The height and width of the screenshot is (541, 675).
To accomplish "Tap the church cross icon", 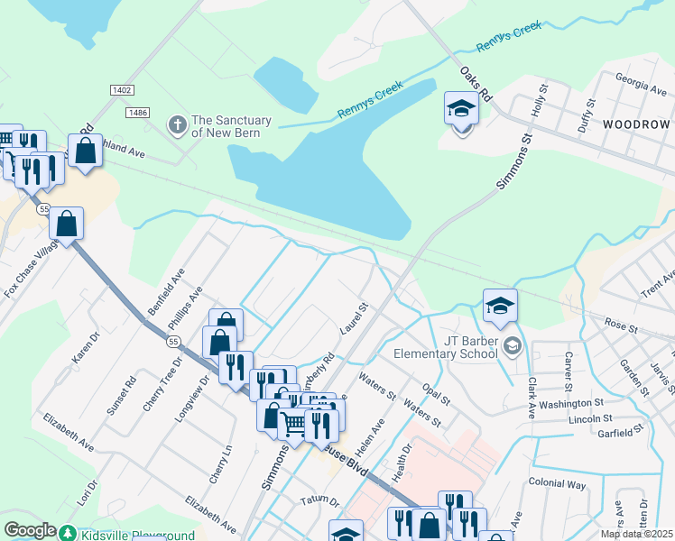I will [178, 122].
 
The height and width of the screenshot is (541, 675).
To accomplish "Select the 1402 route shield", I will [122, 90].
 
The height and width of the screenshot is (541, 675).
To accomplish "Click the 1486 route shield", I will [138, 111].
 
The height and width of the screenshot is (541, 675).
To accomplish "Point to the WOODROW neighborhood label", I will [636, 123].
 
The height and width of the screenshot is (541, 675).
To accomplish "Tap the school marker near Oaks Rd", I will [462, 111].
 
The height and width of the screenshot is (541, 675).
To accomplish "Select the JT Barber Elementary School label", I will [470, 347].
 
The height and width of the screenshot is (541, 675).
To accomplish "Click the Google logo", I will [30, 530].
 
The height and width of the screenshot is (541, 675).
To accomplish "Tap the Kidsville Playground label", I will [135, 535].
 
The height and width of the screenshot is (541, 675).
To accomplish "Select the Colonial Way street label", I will [558, 483].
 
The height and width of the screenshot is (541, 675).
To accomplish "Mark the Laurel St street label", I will [352, 322].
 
